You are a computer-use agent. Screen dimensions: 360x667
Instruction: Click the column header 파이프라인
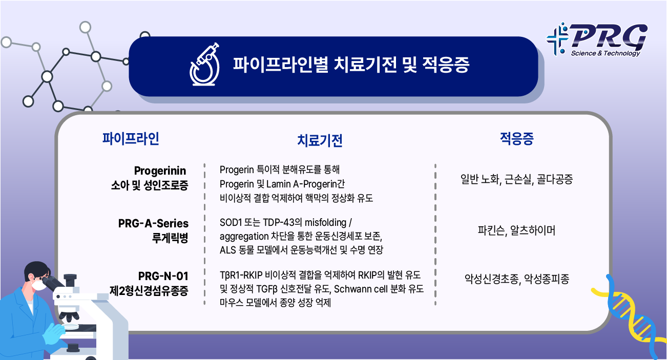tap(131, 138)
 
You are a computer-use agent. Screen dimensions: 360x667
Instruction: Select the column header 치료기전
tap(320, 141)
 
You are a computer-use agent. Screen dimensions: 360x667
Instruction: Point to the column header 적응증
tap(516, 138)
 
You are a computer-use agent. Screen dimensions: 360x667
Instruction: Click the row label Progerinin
tap(160, 170)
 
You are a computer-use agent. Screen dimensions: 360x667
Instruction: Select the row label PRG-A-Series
tap(153, 223)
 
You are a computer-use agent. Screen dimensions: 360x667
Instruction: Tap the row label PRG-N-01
tap(163, 277)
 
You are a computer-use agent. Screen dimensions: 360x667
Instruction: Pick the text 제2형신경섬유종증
tap(149, 291)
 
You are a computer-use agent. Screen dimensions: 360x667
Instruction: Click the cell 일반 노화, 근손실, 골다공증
tap(516, 179)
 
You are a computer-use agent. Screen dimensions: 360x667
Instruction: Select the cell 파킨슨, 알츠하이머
tap(516, 230)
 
